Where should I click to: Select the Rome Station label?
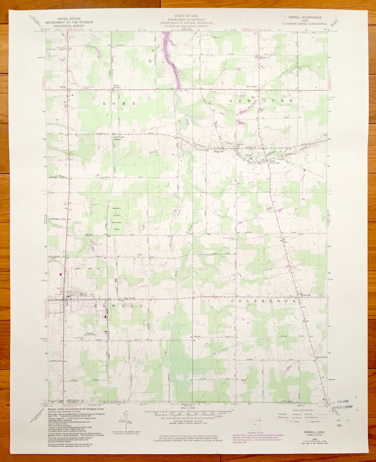coord(117,86)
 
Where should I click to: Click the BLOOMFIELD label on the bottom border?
coord(114,403)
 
